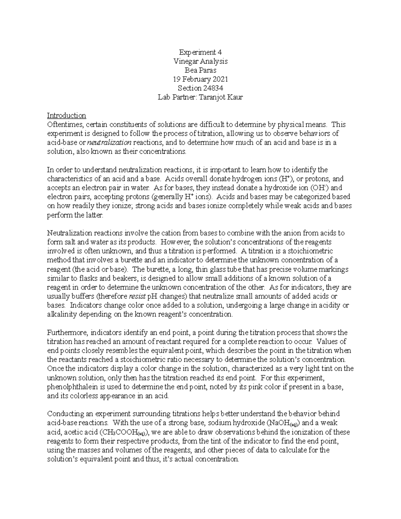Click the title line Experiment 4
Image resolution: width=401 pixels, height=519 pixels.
point(200,52)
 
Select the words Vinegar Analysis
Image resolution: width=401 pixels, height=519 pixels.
point(200,61)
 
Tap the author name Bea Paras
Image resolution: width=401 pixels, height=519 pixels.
point(200,70)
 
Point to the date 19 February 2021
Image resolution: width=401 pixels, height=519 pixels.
point(200,79)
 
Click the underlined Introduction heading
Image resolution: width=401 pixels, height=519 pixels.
point(66,116)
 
